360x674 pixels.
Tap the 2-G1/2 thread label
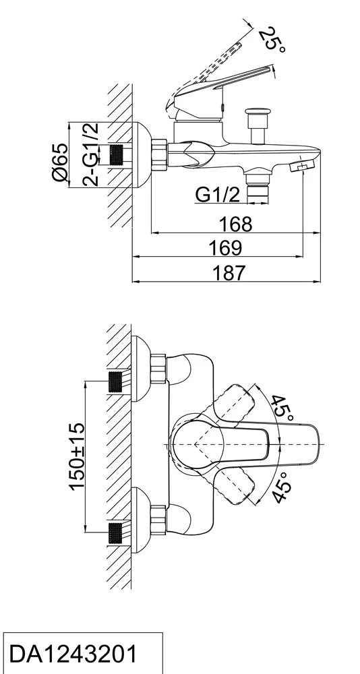tap(90, 154)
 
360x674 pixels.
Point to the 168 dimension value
tap(236, 224)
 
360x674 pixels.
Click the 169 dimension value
tap(225, 248)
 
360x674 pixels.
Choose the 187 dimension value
tap(229, 272)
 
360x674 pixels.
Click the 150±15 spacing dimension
tap(77, 456)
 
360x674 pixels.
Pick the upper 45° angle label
tap(282, 408)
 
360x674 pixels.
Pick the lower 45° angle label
tap(282, 487)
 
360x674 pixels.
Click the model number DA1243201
tap(73, 654)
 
